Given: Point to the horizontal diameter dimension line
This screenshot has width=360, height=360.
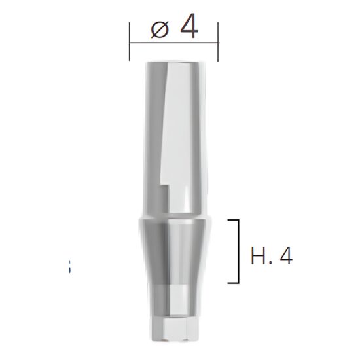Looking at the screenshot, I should (x=174, y=43).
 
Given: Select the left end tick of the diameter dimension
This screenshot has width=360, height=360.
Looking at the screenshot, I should (x=130, y=42).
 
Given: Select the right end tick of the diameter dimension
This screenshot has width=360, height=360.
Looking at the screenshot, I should (x=219, y=42).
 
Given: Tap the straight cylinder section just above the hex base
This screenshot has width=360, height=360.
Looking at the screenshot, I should (x=174, y=301).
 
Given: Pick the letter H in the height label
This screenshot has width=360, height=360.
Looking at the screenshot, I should (x=257, y=255).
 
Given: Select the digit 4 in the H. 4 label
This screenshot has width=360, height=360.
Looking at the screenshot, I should (x=285, y=255).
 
